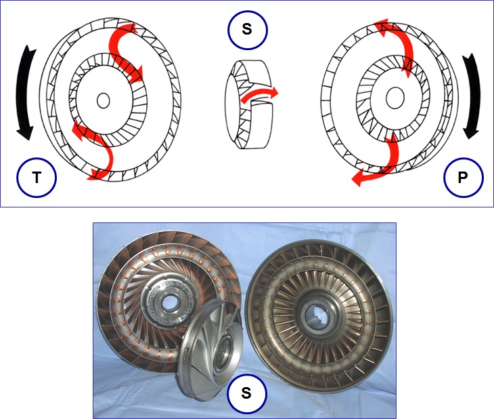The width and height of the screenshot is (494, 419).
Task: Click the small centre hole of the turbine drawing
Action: pos(103,100)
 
